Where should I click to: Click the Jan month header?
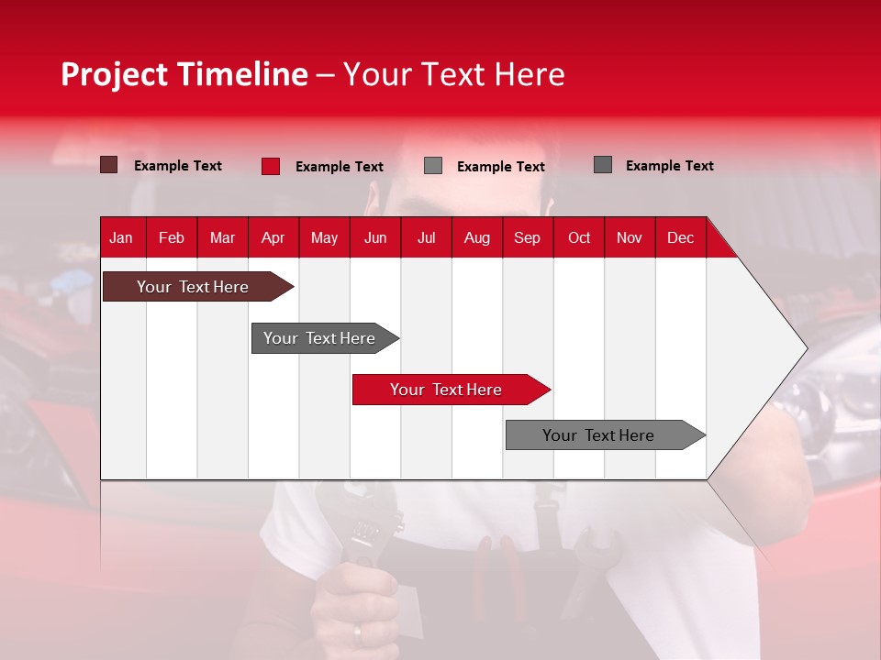pyautogui.click(x=121, y=237)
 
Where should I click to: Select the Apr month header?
pyautogui.click(x=273, y=237)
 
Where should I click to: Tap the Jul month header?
pyautogui.click(x=426, y=237)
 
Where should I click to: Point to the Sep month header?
pyautogui.click(x=527, y=237)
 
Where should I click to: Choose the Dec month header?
pyautogui.click(x=680, y=237)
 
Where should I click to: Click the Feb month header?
pyautogui.click(x=172, y=237)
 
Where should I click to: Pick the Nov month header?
pyautogui.click(x=630, y=237)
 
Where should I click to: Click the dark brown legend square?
pyautogui.click(x=108, y=165)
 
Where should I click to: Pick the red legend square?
pyautogui.click(x=270, y=166)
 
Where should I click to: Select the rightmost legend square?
pyautogui.click(x=603, y=165)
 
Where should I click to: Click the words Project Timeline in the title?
pyautogui.click(x=184, y=74)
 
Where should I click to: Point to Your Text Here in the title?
pyautogui.click(x=454, y=74)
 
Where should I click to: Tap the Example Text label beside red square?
pyautogui.click(x=339, y=167)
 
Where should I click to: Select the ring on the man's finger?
pyautogui.click(x=358, y=633)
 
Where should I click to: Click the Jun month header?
pyautogui.click(x=375, y=237)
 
